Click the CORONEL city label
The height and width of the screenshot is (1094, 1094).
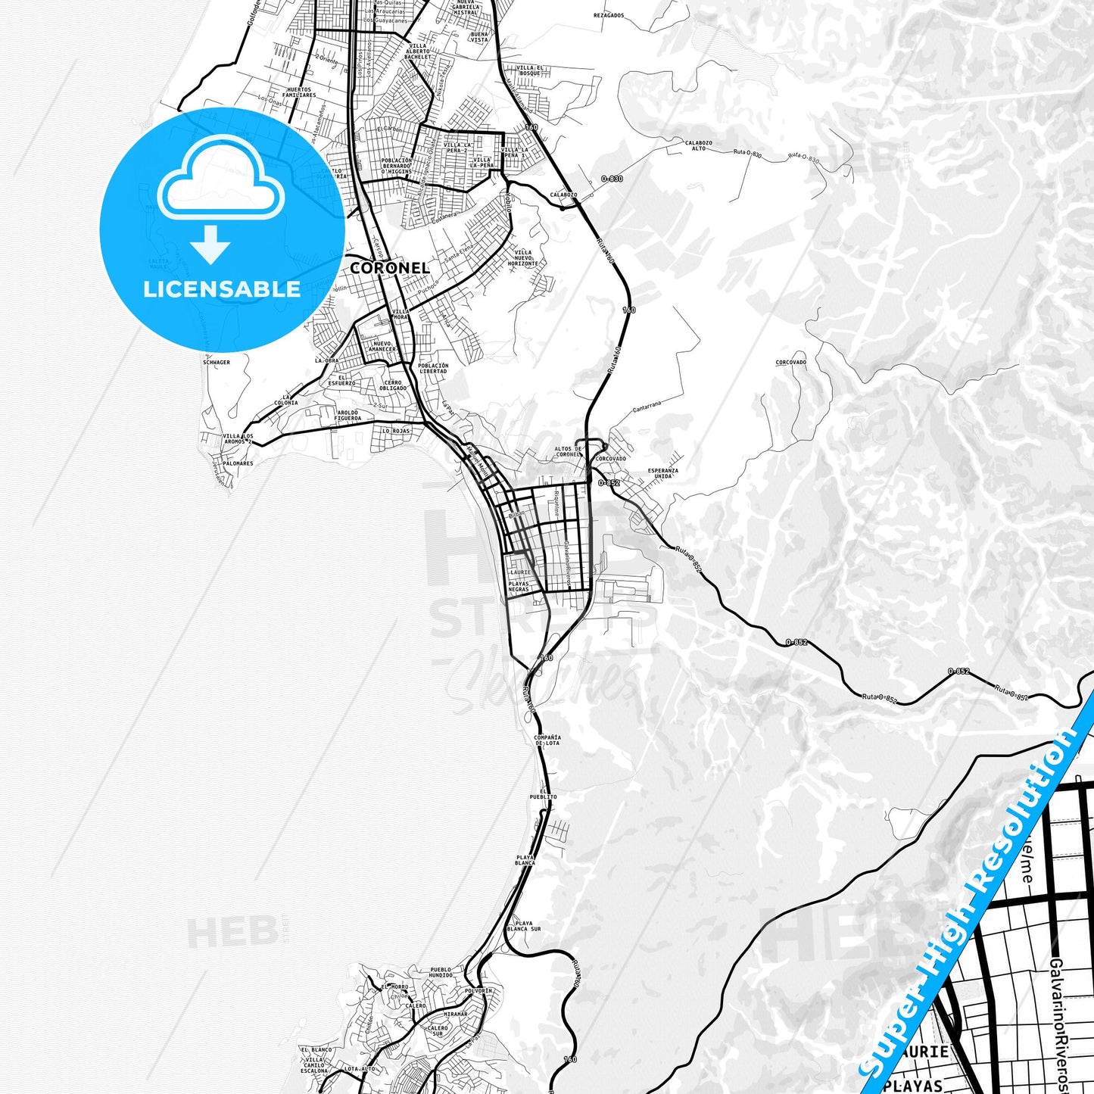pyautogui.click(x=389, y=268)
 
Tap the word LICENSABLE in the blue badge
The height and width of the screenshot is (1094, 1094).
pyautogui.click(x=222, y=288)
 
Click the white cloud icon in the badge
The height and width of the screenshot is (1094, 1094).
pyautogui.click(x=221, y=179)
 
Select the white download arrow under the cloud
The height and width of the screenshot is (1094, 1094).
pyautogui.click(x=210, y=245)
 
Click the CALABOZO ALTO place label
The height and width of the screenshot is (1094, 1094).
pyautogui.click(x=698, y=145)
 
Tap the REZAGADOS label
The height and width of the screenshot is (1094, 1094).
pyautogui.click(x=609, y=15)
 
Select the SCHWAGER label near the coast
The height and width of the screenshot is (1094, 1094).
pyautogui.click(x=216, y=363)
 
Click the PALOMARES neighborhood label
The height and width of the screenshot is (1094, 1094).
pyautogui.click(x=238, y=463)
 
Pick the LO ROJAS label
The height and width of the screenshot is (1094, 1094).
pyautogui.click(x=395, y=431)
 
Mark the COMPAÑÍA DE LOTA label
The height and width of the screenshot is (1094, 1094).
pyautogui.click(x=547, y=740)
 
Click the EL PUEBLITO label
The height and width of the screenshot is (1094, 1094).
pyautogui.click(x=543, y=794)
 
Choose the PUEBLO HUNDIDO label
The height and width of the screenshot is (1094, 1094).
pyautogui.click(x=441, y=972)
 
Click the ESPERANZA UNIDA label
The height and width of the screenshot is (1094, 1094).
pyautogui.click(x=662, y=473)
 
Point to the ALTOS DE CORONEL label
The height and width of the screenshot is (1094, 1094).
pyautogui.click(x=569, y=452)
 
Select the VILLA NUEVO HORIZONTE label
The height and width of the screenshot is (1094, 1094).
pyautogui.click(x=523, y=258)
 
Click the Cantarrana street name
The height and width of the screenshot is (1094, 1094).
pyautogui.click(x=647, y=407)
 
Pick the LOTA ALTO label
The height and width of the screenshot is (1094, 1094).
pyautogui.click(x=360, y=1069)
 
